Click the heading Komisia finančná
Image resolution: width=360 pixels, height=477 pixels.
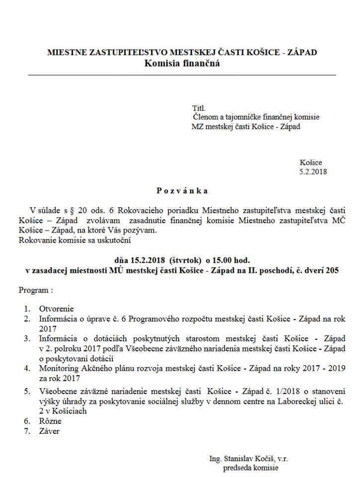point(181,63)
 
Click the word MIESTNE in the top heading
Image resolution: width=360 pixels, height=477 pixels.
point(64,52)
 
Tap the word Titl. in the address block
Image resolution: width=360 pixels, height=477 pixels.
point(198,108)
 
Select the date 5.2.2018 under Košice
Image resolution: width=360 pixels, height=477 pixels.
point(313,171)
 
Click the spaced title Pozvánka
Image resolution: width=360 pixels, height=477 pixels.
point(181,191)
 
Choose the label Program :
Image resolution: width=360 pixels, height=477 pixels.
point(35,289)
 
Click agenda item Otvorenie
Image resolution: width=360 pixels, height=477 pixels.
point(56,309)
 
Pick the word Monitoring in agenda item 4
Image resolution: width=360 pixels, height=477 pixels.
point(57,368)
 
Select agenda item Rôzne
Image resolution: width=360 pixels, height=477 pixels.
point(50,421)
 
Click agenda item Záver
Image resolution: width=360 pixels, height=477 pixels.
point(49,431)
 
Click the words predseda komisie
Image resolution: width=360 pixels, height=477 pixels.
point(251,468)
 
